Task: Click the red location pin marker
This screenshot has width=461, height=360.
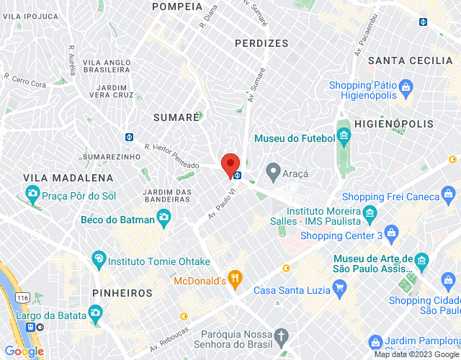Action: pyautogui.click(x=230, y=165)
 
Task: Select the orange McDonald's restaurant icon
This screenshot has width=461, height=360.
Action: pyautogui.click(x=234, y=277)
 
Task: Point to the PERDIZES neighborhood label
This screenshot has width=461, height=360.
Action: pyautogui.click(x=261, y=44)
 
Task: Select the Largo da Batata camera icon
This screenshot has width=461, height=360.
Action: pyautogui.click(x=94, y=312)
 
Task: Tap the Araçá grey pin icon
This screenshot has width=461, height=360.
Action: pyautogui.click(x=273, y=172)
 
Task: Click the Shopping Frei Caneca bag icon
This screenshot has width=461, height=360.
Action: pyautogui.click(x=449, y=194)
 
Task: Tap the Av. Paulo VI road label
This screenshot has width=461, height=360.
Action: pyautogui.click(x=223, y=204)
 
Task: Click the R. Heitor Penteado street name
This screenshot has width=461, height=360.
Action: pyautogui.click(x=171, y=156)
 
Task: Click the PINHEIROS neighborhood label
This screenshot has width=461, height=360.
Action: pyautogui.click(x=122, y=293)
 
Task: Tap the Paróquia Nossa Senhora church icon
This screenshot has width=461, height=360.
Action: pyautogui.click(x=282, y=337)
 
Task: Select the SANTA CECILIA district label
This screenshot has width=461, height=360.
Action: pyautogui.click(x=410, y=61)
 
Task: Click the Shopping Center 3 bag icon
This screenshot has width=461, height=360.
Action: pyautogui.click(x=391, y=232)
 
